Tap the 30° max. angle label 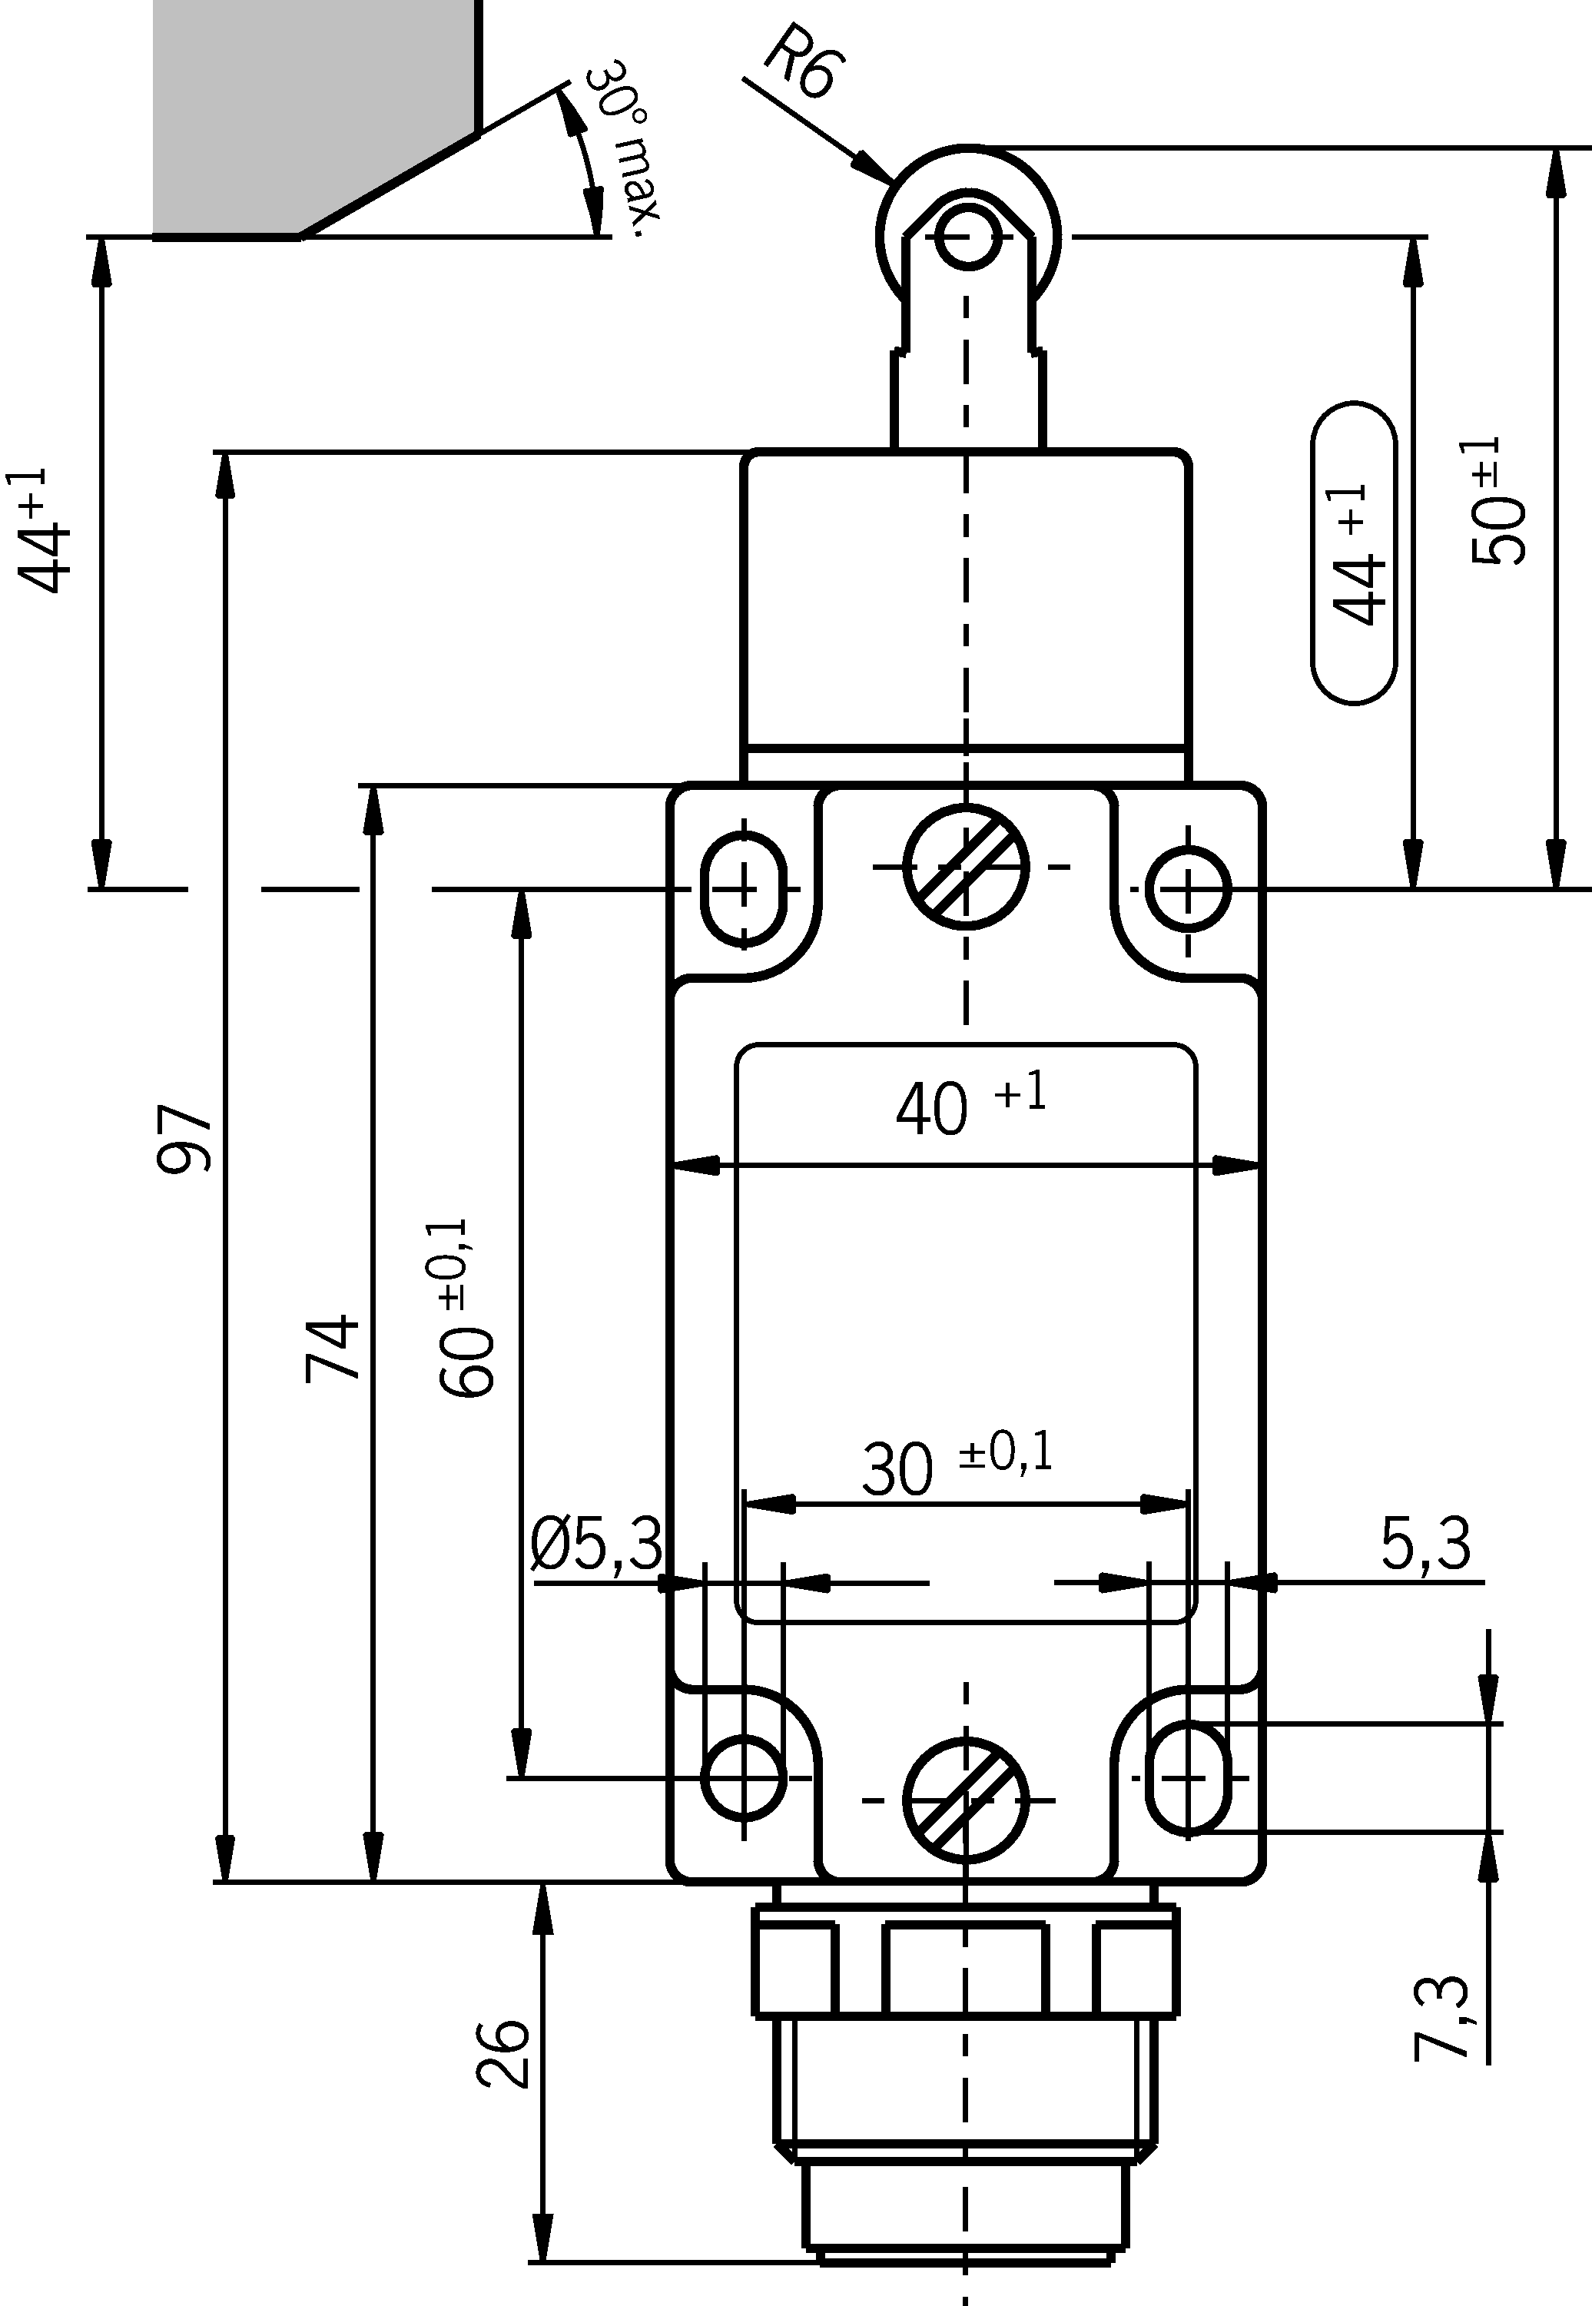point(622,150)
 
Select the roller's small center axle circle point(967,237)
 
